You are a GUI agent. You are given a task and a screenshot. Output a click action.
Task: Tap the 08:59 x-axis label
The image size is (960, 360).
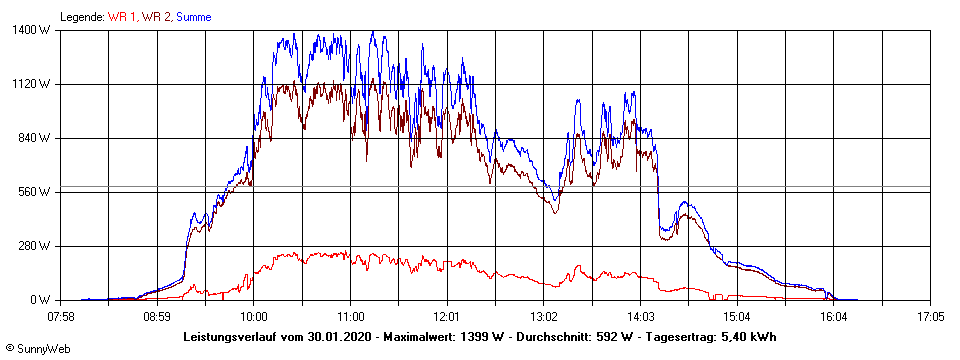point(158,317)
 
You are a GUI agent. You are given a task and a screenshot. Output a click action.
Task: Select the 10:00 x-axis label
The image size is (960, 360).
point(254,317)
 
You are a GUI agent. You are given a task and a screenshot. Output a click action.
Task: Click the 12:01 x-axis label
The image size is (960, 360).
point(447,317)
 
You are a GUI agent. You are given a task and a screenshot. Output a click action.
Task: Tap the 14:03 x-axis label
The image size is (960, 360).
point(640,317)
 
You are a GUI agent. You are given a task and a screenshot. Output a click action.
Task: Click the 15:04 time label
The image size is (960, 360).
point(737,317)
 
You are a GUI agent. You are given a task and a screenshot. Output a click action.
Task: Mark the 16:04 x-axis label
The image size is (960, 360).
point(834,317)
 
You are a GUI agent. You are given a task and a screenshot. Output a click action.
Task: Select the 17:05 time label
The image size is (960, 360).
point(930,317)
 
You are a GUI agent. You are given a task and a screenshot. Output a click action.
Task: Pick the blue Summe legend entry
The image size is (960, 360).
point(194,17)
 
